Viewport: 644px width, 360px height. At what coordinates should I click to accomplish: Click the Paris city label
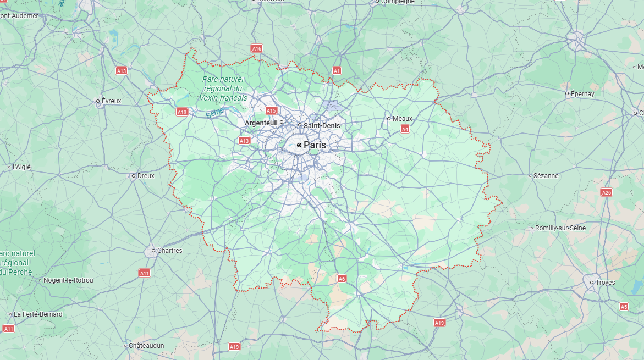click(315, 145)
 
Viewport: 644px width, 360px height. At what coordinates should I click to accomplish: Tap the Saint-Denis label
click(322, 126)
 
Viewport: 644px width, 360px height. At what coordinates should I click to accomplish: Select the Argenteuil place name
click(261, 123)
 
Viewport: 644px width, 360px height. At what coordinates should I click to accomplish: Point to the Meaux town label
click(402, 119)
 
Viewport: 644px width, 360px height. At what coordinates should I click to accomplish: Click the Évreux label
click(111, 101)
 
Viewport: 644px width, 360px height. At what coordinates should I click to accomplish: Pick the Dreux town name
click(146, 176)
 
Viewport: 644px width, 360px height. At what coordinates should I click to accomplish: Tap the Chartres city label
click(169, 251)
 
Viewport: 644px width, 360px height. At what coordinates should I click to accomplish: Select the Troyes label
click(605, 283)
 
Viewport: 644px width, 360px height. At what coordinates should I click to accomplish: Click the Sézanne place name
click(546, 176)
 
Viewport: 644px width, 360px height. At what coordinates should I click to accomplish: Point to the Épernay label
click(582, 94)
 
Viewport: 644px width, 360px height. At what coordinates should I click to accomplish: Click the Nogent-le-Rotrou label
click(69, 280)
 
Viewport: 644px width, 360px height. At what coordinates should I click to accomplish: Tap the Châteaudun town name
click(146, 346)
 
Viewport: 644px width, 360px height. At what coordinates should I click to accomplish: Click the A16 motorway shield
click(257, 48)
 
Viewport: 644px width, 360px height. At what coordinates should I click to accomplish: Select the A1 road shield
click(337, 71)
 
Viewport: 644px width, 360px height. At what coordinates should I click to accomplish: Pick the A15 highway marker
click(271, 110)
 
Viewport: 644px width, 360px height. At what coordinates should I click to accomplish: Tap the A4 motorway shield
click(405, 129)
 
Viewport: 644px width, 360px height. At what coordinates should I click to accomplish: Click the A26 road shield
click(607, 192)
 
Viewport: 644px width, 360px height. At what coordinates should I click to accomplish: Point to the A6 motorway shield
click(342, 279)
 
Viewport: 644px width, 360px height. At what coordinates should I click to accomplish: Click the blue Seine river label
click(215, 112)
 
